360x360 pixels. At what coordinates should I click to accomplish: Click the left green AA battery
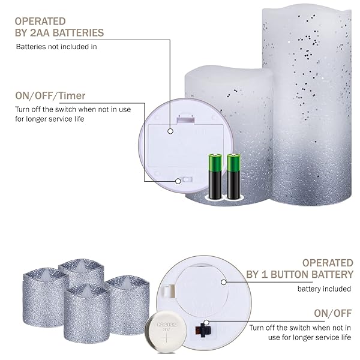(215, 176)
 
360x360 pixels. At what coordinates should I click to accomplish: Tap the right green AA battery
(234, 176)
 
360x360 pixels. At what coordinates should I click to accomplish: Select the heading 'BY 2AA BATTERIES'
(59, 33)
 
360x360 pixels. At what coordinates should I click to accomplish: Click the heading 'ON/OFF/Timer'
(50, 96)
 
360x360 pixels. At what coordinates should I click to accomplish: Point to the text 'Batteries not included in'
(56, 47)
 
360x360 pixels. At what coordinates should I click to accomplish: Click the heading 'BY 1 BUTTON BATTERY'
(299, 275)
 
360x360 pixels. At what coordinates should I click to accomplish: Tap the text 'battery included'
(324, 289)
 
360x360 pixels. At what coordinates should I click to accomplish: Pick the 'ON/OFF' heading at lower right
(332, 313)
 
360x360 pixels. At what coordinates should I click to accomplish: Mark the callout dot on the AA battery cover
(170, 131)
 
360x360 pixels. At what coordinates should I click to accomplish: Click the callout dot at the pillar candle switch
(178, 181)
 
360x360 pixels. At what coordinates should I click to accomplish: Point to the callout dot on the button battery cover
(224, 282)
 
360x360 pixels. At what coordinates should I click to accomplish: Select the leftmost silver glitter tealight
(44, 297)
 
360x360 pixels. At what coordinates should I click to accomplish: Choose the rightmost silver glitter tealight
(127, 305)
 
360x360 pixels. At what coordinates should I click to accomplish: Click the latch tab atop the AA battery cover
(185, 119)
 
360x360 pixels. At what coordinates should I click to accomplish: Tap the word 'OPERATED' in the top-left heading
(40, 22)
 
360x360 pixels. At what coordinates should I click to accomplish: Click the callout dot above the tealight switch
(206, 322)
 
